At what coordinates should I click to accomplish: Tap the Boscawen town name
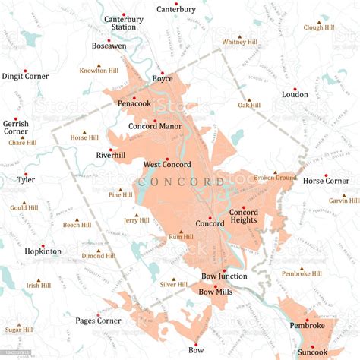click(109, 46)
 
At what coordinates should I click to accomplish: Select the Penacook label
click(133, 103)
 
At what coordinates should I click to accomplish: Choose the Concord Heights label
click(243, 216)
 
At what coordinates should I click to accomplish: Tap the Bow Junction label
click(224, 276)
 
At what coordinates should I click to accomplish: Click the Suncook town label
click(313, 352)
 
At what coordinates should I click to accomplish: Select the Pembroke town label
click(307, 326)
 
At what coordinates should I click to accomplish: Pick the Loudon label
click(295, 95)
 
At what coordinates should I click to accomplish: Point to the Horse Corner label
click(326, 181)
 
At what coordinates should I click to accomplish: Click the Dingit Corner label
click(25, 76)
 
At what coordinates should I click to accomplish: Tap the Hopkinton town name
click(43, 250)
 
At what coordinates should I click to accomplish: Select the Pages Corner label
click(98, 321)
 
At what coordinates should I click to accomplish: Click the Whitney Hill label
click(241, 43)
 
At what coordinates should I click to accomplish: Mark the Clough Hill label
click(319, 27)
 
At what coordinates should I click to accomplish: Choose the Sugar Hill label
click(19, 330)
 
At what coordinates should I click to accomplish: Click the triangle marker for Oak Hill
click(248, 100)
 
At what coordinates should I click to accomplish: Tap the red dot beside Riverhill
click(111, 149)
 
